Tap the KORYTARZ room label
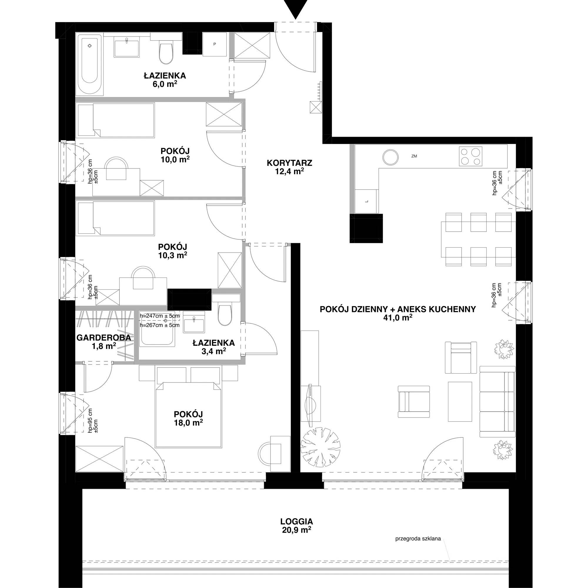point(289,163)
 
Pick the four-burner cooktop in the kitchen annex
point(470,156)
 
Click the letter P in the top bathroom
point(215,44)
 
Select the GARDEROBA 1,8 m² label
point(104,341)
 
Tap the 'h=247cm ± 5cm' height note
point(159,316)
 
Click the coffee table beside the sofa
point(460,402)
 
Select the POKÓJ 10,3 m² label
point(173,251)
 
